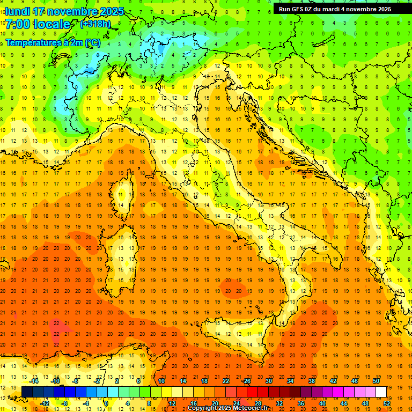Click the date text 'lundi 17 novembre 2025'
point(64,11)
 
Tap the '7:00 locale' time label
point(38,24)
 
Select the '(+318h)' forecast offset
point(95,24)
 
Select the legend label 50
point(376,381)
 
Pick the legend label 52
point(387,403)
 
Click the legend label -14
point(34,381)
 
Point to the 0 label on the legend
point(107,403)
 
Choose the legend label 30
point(268,381)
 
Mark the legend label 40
point(322,403)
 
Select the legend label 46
point(354,381)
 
